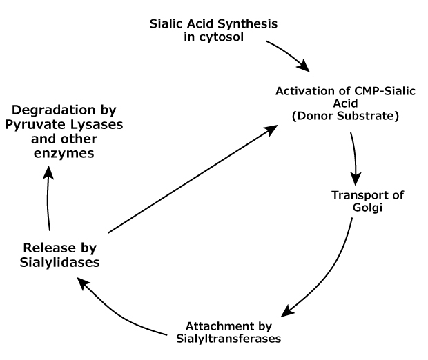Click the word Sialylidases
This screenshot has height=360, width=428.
click(59, 262)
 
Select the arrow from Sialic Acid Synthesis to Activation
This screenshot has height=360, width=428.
click(286, 56)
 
